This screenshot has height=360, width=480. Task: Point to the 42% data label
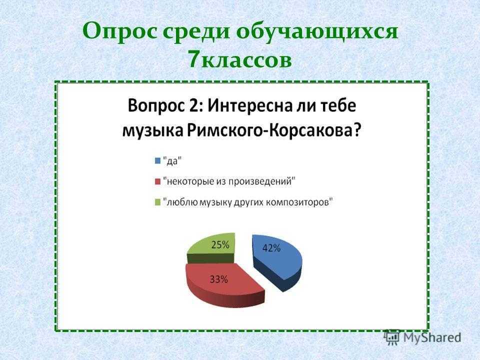[x=271, y=248]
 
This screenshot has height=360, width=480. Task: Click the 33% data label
[x=218, y=279]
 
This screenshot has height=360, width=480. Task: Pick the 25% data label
[x=220, y=245]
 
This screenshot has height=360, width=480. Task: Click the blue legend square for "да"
[x=157, y=160]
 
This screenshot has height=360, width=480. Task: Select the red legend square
[x=157, y=181]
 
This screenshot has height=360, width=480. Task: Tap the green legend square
[x=157, y=202]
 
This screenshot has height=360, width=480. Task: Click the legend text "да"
[x=172, y=160]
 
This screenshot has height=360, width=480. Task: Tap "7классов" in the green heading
[x=240, y=59]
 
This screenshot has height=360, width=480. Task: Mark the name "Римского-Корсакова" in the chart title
[x=272, y=130]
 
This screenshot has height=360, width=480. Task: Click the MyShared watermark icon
[x=392, y=337]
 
